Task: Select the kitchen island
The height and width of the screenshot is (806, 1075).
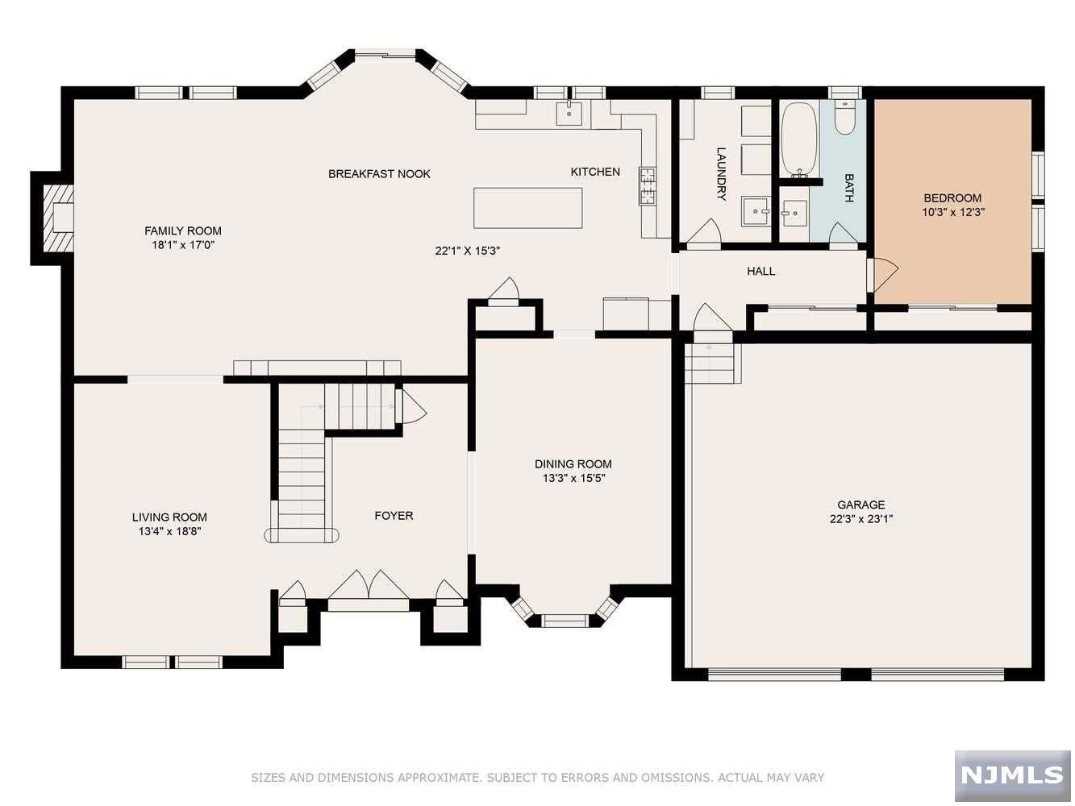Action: (527, 207)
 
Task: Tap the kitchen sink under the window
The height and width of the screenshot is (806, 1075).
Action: (569, 114)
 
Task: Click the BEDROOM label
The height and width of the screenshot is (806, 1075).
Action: (952, 198)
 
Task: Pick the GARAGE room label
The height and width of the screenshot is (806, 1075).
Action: (860, 505)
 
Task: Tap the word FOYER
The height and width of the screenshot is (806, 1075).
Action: (394, 515)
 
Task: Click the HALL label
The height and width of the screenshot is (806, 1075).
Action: (760, 271)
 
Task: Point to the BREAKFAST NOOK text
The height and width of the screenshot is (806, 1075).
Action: (379, 174)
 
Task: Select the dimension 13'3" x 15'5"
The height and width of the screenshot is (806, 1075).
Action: (573, 478)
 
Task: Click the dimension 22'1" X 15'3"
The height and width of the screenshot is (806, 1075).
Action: (467, 251)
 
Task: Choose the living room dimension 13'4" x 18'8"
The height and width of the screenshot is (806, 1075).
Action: (170, 531)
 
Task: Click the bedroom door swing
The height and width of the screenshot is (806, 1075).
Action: (884, 274)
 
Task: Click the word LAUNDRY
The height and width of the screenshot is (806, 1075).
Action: (721, 174)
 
